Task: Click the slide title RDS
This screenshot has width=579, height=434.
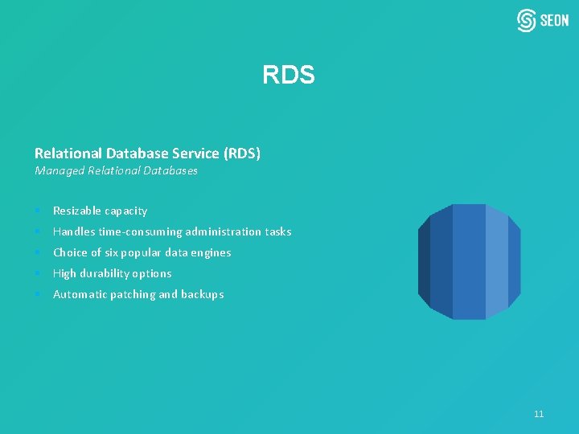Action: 288,76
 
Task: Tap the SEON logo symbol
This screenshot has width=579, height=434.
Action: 527,20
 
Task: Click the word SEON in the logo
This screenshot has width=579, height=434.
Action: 554,21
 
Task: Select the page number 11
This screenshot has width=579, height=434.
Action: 539,414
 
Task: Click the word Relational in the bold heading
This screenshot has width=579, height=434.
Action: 68,153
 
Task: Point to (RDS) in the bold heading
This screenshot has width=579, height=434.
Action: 242,153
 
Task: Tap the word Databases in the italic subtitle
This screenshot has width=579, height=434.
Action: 171,170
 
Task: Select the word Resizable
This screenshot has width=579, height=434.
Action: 76,211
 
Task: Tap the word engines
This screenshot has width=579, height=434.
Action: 211,252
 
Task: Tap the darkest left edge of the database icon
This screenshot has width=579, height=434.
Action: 424,261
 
